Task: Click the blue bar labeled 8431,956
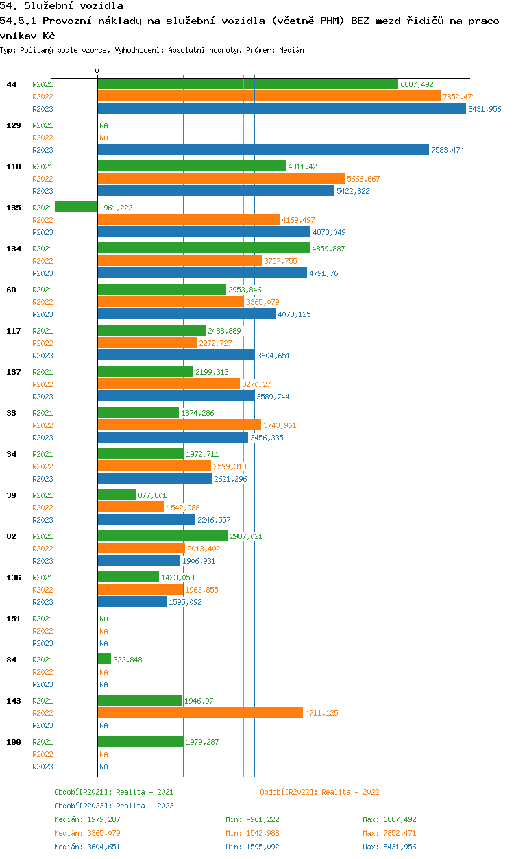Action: pos(282,108)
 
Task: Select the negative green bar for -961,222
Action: pos(76,207)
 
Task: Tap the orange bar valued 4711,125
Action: pos(200,713)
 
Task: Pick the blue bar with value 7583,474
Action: pos(263,149)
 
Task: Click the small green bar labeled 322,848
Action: pos(104,660)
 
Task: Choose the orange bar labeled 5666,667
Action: pos(221,178)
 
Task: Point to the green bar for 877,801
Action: pos(117,495)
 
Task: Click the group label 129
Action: pos(14,125)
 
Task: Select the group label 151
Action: pos(14,619)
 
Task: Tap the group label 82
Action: pos(11,536)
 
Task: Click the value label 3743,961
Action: pos(280,425)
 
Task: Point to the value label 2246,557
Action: pos(214,520)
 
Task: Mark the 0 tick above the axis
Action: pos(97,71)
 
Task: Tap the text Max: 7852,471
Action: pos(389,833)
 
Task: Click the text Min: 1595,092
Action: pos(252,847)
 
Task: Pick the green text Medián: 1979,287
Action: pos(87,819)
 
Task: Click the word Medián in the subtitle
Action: pos(291,50)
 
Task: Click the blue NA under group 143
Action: pos(103,725)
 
